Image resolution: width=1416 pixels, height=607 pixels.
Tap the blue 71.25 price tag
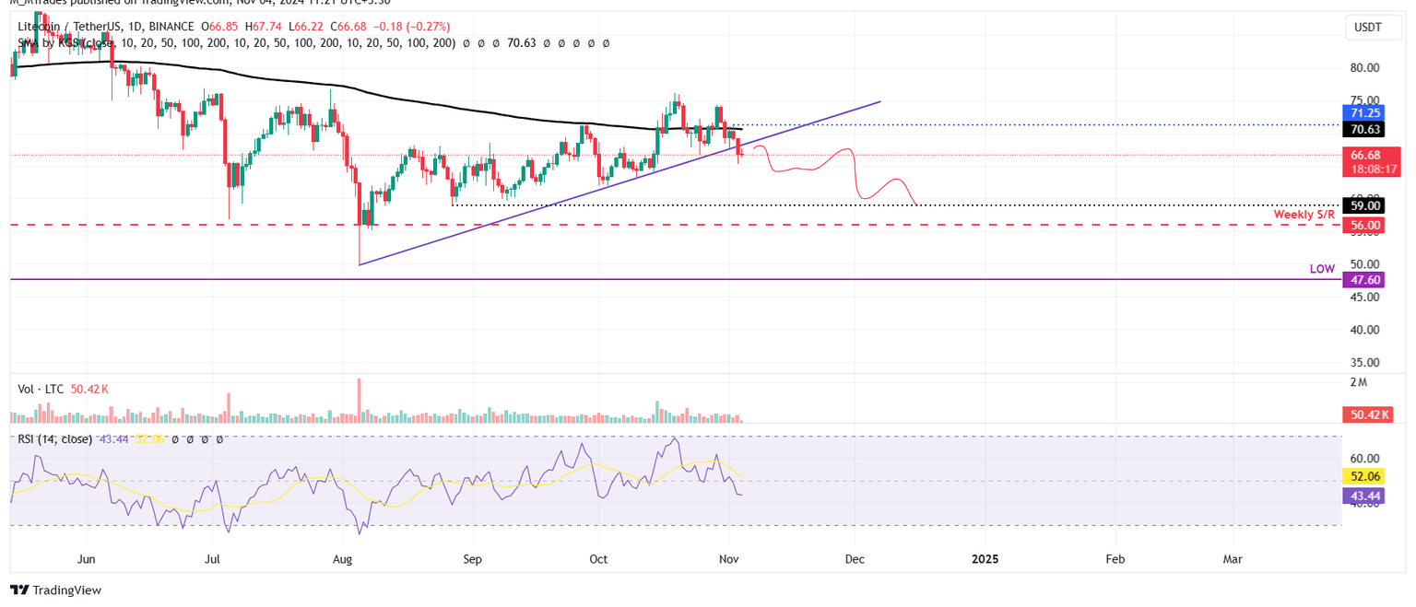1365,112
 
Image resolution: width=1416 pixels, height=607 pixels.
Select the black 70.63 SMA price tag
1365,130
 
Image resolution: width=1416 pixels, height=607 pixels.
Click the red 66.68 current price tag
1365,155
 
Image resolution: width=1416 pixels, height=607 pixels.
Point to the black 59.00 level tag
1365,206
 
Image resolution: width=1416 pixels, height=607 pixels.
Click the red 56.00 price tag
1365,225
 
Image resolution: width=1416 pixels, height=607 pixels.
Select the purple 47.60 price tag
1365,280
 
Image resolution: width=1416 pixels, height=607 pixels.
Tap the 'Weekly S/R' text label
1304,215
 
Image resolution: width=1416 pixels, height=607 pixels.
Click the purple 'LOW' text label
1323,269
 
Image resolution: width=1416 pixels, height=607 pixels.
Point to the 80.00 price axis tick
1364,68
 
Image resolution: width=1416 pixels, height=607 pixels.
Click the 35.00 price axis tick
1364,363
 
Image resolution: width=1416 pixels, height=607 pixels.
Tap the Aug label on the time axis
342,559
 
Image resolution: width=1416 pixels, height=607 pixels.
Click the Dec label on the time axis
854,559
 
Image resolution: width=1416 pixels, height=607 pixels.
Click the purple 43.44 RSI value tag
1365,496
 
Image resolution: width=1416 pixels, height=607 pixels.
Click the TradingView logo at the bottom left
56,590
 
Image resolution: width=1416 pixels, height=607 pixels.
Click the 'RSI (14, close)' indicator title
55,439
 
